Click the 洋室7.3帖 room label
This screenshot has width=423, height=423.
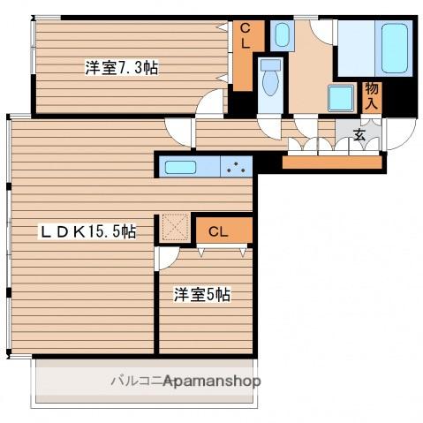pyautogui.click(x=122, y=67)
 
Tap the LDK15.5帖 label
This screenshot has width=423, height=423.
pyautogui.click(x=87, y=231)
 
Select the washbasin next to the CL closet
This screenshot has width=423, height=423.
pyautogui.click(x=282, y=36)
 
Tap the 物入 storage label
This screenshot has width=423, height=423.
pyautogui.click(x=372, y=94)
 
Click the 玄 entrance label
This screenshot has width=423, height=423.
pyautogui.click(x=360, y=135)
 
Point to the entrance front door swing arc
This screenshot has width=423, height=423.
pyautogui.click(x=399, y=132)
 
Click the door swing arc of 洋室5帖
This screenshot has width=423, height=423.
pyautogui.click(x=166, y=257)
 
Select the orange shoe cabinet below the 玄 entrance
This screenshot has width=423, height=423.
pyautogui.click(x=332, y=162)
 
